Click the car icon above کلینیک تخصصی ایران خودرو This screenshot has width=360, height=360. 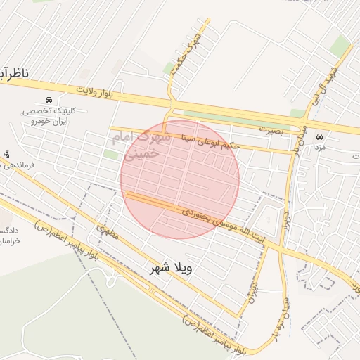(x=48, y=101)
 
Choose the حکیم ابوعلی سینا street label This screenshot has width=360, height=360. (x=210, y=141)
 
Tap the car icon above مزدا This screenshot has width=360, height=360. (x=320, y=136)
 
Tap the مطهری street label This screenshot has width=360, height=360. (x=105, y=229)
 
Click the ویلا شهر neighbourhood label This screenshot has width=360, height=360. (x=171, y=269)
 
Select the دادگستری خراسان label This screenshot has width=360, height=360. (x=10, y=236)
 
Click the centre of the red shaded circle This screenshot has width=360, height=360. (x=180, y=179)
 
